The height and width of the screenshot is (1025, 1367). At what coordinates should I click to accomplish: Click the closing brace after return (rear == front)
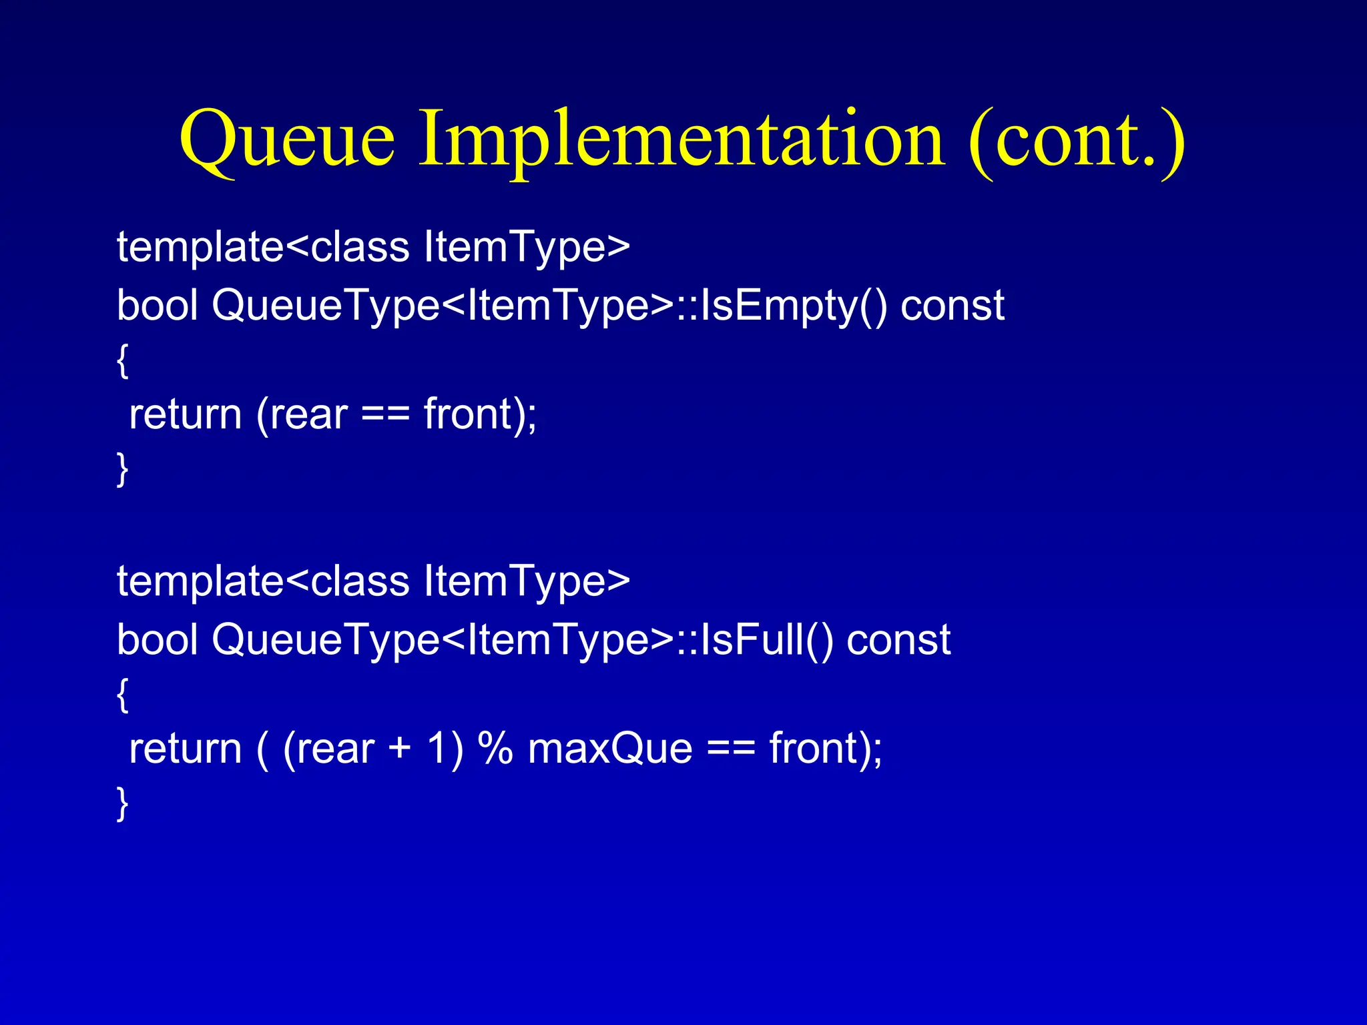[x=122, y=470]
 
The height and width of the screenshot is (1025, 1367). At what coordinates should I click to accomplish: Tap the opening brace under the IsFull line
[x=122, y=696]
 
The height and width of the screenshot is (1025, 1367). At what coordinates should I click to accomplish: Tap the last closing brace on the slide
[x=122, y=803]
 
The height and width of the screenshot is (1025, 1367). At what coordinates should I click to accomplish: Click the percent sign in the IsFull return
[x=495, y=749]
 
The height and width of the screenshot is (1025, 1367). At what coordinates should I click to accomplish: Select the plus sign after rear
[x=399, y=749]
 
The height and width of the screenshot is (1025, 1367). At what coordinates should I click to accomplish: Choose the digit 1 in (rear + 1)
[x=436, y=749]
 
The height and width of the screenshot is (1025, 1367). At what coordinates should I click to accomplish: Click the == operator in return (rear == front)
[x=385, y=415]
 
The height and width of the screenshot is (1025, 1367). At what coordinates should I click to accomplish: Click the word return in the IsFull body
[x=185, y=749]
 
